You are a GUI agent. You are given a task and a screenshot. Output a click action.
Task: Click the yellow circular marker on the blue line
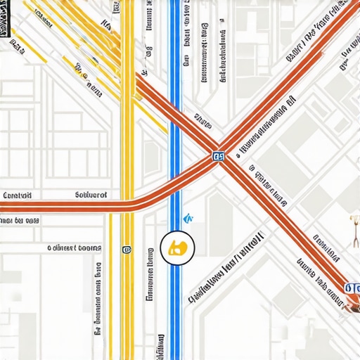pyautogui.click(x=176, y=247)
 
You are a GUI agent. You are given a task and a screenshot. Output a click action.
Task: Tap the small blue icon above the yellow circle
pyautogui.click(x=187, y=219)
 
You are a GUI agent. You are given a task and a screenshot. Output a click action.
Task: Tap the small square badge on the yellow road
pyautogui.click(x=127, y=249)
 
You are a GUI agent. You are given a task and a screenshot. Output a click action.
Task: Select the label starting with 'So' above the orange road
pyautogui.click(x=91, y=195)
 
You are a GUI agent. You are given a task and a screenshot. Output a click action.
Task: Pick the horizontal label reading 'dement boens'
pyautogui.click(x=75, y=247)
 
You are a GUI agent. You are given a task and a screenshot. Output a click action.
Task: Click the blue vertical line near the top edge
pyautogui.click(x=175, y=21)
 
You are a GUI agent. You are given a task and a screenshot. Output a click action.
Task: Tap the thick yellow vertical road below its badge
pyautogui.click(x=127, y=302)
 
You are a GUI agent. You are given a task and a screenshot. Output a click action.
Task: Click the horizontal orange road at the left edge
pyautogui.click(x=28, y=206)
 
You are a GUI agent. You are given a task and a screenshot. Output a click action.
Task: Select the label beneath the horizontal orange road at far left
pyautogui.click(x=20, y=220)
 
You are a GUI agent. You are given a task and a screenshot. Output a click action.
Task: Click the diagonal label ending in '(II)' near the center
pyautogui.click(x=225, y=267)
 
